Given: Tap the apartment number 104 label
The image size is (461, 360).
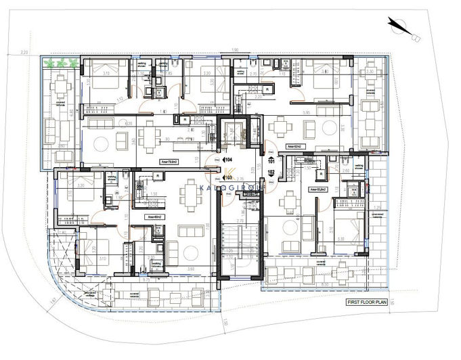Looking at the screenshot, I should pos(228,159).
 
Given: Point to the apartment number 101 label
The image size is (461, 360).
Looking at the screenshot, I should pos(271,162).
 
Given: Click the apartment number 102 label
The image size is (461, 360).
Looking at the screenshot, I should pos(271,173).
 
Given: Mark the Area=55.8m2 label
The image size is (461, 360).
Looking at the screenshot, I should pos(318,190).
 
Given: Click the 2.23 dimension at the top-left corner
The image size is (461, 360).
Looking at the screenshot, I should pos(24,51).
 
